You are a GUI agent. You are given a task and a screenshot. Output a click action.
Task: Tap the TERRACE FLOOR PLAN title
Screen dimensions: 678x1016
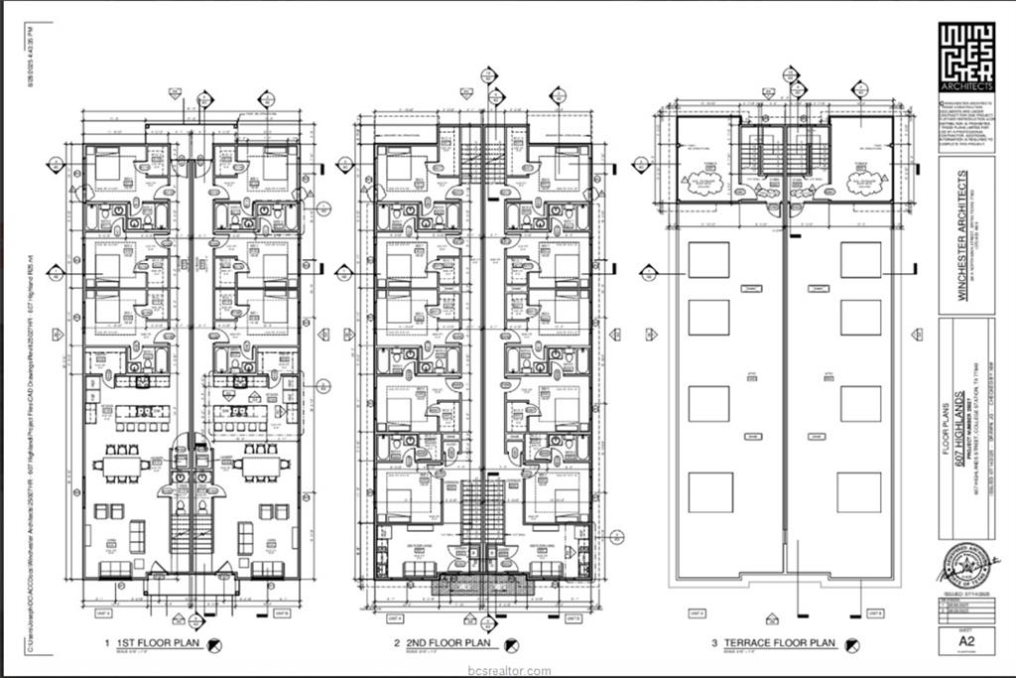coord(779,644)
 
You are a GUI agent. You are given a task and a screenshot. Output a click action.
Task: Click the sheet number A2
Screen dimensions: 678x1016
coord(965,641)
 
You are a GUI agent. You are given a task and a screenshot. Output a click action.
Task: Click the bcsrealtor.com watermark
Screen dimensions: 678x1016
coord(509,670)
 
